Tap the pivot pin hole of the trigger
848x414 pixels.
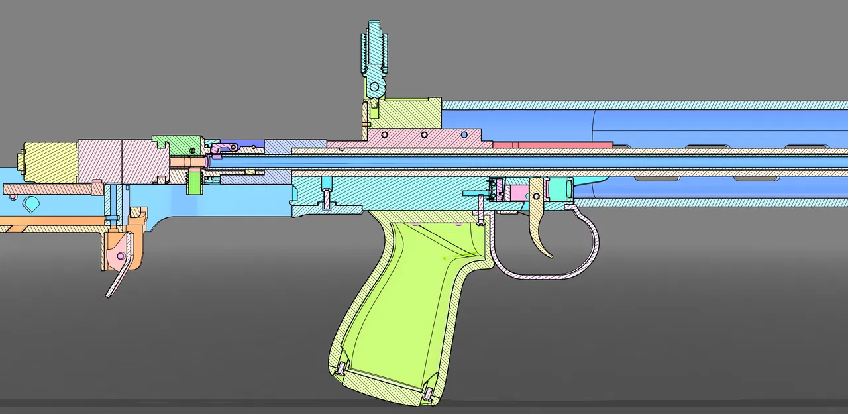click(x=536, y=195)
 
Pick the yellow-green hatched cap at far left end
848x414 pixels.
click(x=50, y=162)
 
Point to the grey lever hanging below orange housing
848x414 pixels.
click(x=117, y=278)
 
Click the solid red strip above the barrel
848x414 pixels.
click(x=553, y=144)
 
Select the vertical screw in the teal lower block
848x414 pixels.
click(x=327, y=198)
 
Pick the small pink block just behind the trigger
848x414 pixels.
click(x=517, y=194)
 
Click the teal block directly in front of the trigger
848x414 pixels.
click(x=560, y=189)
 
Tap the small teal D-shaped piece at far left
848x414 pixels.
click(x=30, y=202)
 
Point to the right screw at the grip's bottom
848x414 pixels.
click(x=429, y=394)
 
